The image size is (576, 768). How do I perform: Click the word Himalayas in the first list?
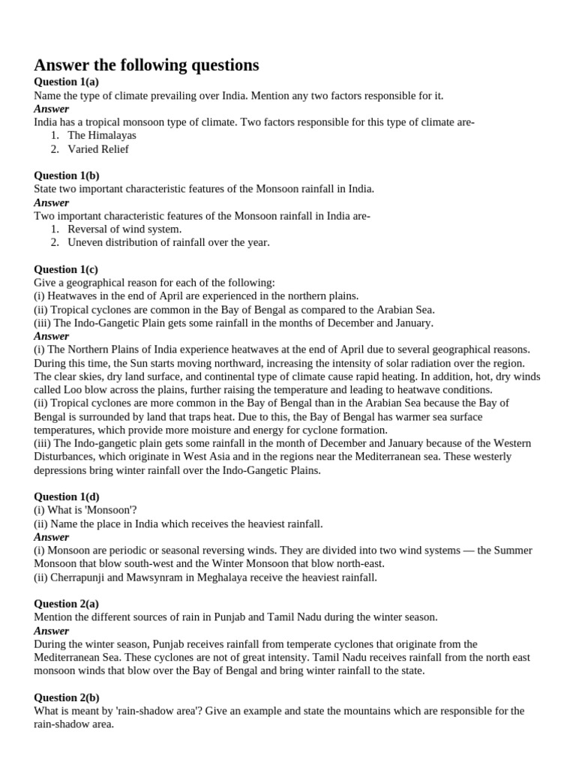(111, 136)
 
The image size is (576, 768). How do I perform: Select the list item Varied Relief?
(98, 149)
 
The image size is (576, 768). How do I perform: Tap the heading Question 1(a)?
(67, 82)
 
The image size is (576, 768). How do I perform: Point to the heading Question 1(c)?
(66, 269)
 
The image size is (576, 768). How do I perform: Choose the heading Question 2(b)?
(67, 697)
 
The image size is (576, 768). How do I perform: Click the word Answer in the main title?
(62, 65)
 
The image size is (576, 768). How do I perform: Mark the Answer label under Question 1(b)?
(52, 202)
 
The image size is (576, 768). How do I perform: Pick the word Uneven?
(85, 242)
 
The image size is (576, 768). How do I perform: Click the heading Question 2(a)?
(67, 604)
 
